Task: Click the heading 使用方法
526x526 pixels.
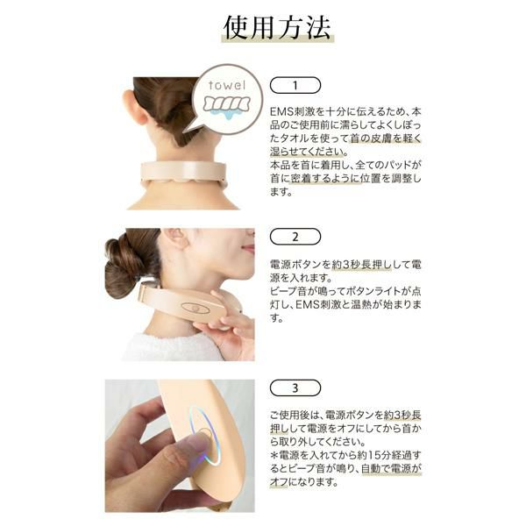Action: pos(277,27)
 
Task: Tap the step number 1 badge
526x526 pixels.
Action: pos(295,85)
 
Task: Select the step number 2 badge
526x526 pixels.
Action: pos(295,237)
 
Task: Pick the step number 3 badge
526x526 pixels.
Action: pos(295,388)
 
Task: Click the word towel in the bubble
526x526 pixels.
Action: pos(227,85)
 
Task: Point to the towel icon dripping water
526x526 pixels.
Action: pos(227,106)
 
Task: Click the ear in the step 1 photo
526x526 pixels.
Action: pos(135,108)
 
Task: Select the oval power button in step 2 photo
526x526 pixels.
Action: pos(195,308)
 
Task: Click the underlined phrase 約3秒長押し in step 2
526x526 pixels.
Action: pos(361,265)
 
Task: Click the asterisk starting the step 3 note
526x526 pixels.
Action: pos(274,455)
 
